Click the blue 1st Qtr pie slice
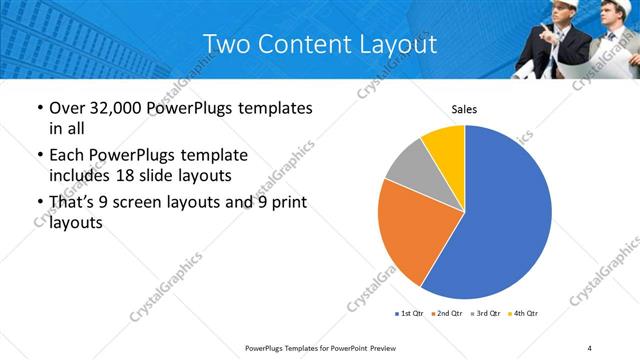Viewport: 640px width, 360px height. point(505,215)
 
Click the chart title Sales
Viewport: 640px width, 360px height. point(464,109)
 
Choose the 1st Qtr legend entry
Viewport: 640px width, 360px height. point(408,314)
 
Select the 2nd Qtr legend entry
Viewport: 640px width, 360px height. point(446,314)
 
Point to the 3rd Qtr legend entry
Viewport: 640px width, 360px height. point(484,314)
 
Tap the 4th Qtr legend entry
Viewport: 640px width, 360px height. point(523,314)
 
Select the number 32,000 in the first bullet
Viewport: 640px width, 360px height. point(120,108)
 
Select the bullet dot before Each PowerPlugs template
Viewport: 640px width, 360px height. point(38,156)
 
